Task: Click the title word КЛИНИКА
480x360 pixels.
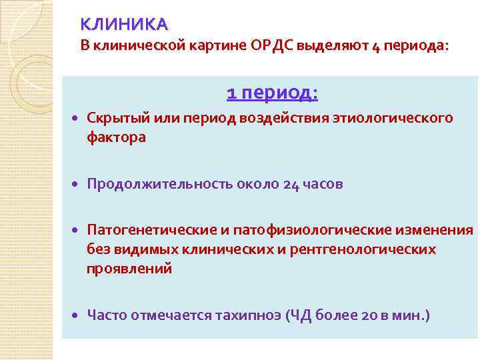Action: click(124, 25)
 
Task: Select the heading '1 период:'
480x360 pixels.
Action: click(272, 93)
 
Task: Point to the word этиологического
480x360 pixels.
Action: click(396, 119)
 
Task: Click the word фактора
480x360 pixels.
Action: click(115, 137)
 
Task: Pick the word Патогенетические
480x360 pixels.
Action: click(149, 231)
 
